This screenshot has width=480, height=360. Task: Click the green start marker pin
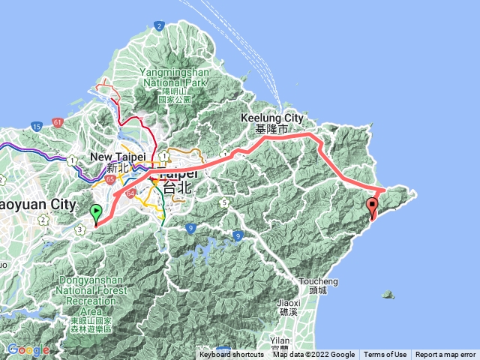pyautogui.click(x=96, y=213)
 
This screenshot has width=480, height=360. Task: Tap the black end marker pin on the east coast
pyautogui.click(x=373, y=207)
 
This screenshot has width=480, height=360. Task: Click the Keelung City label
pyautogui.click(x=271, y=123)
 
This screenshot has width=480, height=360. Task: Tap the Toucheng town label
pyautogui.click(x=318, y=285)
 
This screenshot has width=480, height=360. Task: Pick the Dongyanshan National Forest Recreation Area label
pyautogui.click(x=91, y=304)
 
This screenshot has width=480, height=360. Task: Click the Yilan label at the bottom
pyautogui.click(x=277, y=338)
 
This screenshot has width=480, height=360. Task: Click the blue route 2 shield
pyautogui.click(x=159, y=26)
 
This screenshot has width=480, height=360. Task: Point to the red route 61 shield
pyautogui.click(x=58, y=122)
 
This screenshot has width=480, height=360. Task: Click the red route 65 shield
pyautogui.click(x=110, y=180)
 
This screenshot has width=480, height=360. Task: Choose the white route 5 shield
pyautogui.click(x=223, y=202)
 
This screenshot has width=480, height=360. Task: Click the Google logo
pyautogui.click(x=28, y=349)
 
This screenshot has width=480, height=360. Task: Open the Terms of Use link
pyautogui.click(x=385, y=355)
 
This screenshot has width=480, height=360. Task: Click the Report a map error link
pyautogui.click(x=445, y=355)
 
